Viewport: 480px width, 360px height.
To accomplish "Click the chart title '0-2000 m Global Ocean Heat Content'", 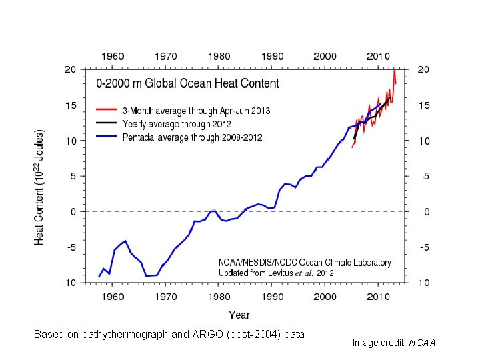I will point(188,85).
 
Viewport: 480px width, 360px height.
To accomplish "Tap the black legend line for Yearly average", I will point(107,123).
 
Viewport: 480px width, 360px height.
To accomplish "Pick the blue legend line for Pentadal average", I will point(107,137).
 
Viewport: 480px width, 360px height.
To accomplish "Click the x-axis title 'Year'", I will point(239,314).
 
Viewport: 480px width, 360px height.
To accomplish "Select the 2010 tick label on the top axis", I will point(378,56).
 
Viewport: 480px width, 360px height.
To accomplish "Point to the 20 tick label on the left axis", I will point(69,69).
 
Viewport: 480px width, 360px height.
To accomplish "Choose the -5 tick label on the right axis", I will point(423,247).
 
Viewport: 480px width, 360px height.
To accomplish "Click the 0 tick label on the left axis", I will point(73,212).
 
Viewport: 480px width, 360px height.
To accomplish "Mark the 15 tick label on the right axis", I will point(423,105).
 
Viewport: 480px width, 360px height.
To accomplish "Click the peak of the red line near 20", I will point(395,69).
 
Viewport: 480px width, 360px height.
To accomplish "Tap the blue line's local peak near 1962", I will point(125,241).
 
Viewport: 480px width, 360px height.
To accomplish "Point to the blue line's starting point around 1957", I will point(99,277).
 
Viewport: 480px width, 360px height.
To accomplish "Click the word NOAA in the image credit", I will point(421,343).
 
